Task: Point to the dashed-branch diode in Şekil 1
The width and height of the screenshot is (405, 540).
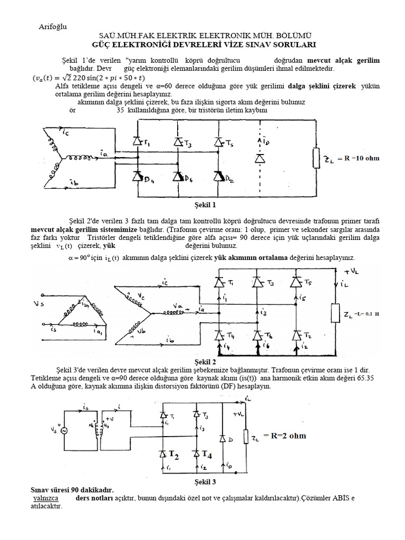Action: (x=258, y=158)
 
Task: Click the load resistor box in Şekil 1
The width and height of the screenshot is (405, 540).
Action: (x=317, y=158)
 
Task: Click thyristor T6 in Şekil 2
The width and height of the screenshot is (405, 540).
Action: (x=257, y=335)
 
